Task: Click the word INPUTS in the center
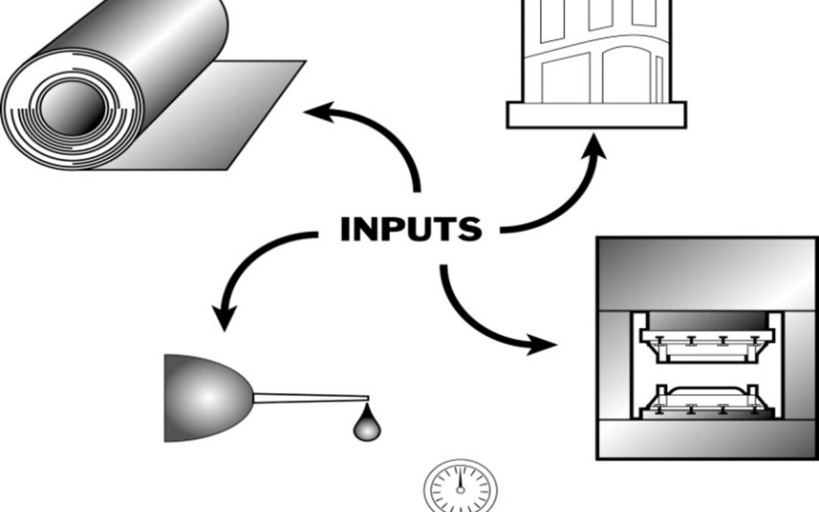[410, 229]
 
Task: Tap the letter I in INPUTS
[346, 229]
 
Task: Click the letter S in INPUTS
[469, 229]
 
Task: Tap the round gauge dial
[460, 485]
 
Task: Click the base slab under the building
[596, 115]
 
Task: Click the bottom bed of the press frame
[707, 440]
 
